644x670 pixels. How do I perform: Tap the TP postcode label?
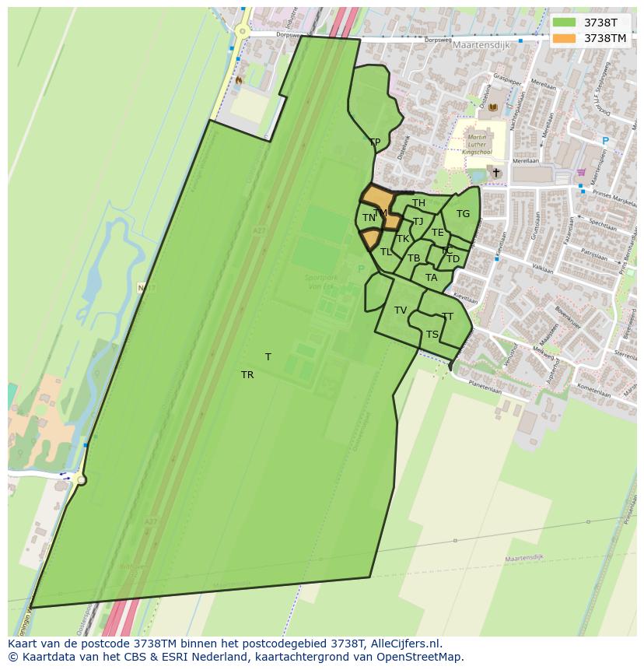click(x=375, y=142)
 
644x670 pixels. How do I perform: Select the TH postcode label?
click(x=418, y=204)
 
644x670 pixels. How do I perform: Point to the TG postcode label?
click(x=463, y=214)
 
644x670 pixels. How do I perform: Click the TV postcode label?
click(x=401, y=310)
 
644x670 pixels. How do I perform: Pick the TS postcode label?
click(x=432, y=335)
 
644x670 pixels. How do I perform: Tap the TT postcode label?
click(x=447, y=317)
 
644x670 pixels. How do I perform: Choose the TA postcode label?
click(x=431, y=278)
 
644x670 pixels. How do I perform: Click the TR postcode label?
click(x=247, y=375)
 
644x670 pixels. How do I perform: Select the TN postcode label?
click(x=369, y=218)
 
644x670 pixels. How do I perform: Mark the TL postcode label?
click(x=386, y=252)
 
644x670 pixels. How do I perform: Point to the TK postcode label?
click(x=403, y=239)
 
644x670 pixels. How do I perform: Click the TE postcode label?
click(x=437, y=233)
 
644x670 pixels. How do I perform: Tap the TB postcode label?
click(x=414, y=258)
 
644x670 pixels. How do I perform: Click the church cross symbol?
click(x=496, y=172)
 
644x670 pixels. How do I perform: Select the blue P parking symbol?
click(x=605, y=141)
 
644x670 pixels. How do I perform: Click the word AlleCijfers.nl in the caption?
click(x=404, y=644)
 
